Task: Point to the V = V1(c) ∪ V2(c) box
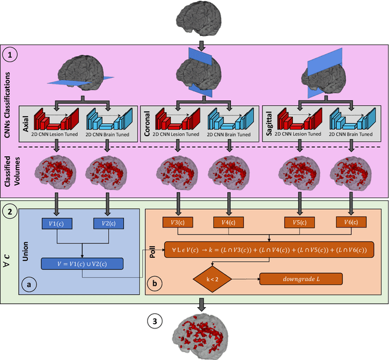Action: pos(82,264)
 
